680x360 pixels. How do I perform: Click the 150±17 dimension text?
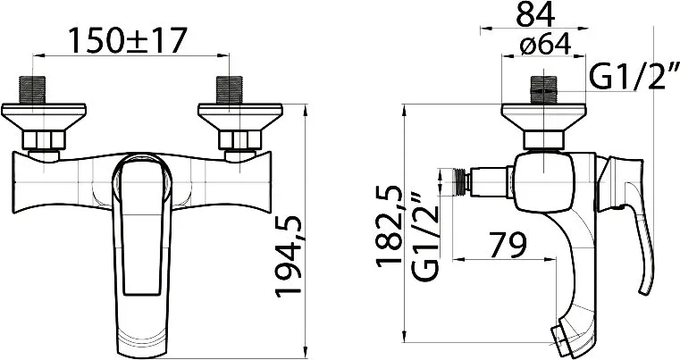(x=128, y=40)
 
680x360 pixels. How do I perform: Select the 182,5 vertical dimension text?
(x=390, y=226)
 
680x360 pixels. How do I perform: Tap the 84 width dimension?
(x=535, y=14)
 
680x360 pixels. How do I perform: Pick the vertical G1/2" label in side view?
(x=425, y=237)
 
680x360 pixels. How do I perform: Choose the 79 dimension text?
(x=508, y=245)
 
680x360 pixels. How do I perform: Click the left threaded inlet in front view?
(x=32, y=90)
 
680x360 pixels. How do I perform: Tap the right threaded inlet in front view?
(x=229, y=90)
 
